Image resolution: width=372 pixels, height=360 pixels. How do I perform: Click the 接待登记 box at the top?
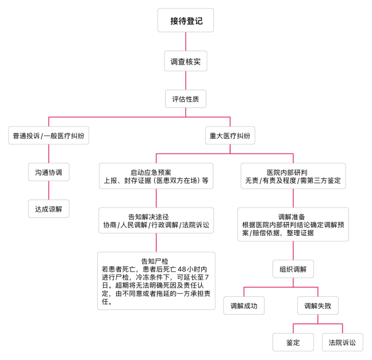coord(186,20)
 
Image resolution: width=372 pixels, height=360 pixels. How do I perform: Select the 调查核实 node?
coord(186,61)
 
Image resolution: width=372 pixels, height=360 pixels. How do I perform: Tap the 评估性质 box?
coord(186,99)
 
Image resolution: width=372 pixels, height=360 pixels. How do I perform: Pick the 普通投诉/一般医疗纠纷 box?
coord(49,135)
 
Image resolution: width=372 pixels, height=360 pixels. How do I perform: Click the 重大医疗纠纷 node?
coord(230,135)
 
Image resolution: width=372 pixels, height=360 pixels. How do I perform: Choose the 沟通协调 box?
coord(49,172)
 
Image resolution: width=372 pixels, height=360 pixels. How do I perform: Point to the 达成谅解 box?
coord(49,209)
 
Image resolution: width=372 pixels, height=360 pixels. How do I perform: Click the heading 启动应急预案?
coord(151,173)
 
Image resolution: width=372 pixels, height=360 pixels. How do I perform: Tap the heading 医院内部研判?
coord(287,173)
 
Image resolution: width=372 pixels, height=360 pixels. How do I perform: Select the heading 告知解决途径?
coord(148,217)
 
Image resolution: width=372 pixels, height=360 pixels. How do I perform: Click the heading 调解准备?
coord(292,217)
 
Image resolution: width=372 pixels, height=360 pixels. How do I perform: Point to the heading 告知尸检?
coord(155,261)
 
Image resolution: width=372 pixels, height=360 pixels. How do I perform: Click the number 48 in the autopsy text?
coord(182,269)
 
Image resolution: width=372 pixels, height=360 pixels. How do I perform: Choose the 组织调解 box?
coord(293,269)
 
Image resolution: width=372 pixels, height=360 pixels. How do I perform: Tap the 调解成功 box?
coord(244,306)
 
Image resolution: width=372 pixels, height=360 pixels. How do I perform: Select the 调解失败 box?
coord(318,306)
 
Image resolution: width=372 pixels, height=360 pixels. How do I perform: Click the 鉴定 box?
coord(293,342)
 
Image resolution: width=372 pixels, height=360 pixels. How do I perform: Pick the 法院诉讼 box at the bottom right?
coord(343,342)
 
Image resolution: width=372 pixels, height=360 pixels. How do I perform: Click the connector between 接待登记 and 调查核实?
coord(186,41)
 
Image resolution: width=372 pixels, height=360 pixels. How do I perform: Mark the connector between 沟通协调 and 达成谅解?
coord(49,190)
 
